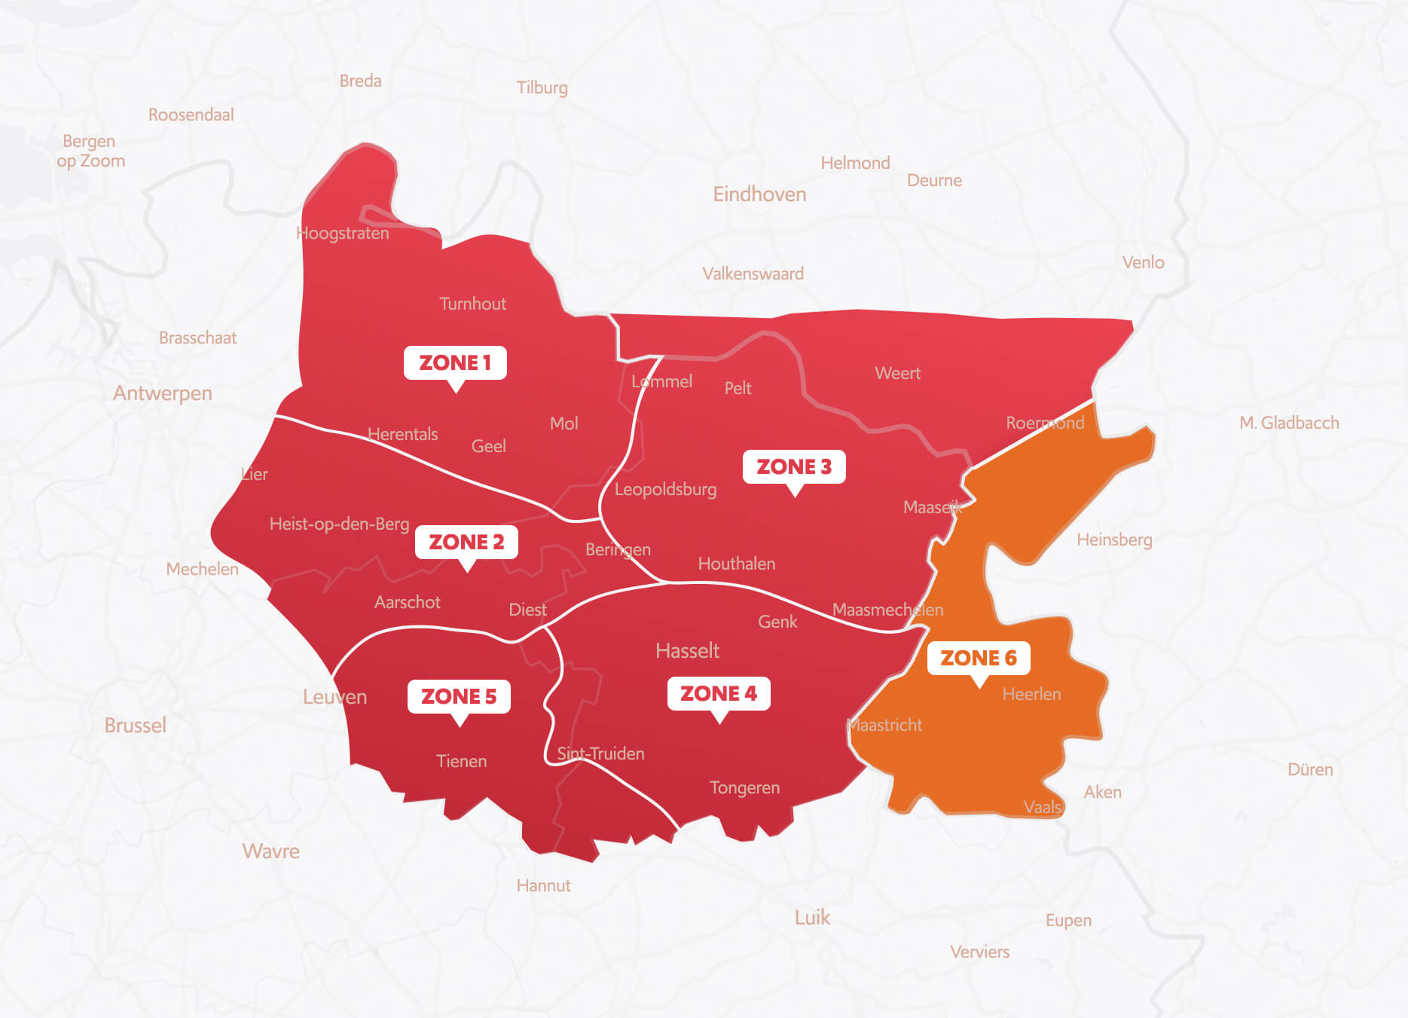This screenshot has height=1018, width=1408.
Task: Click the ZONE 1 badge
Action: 455,362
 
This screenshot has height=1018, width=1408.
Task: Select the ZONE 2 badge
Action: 466,542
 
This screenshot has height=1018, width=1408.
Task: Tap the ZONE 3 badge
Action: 794,466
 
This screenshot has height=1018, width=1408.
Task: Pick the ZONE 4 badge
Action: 719,693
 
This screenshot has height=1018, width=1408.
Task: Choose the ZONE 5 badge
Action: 459,696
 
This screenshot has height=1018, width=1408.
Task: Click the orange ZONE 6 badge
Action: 979,658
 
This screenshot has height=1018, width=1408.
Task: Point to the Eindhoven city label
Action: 759,194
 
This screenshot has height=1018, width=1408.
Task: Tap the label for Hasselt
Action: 687,650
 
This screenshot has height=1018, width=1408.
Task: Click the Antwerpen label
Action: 163,393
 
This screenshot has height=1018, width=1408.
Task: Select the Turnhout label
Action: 472,304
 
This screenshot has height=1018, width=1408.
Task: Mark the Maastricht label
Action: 885,725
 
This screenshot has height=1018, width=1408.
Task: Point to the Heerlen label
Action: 1031,694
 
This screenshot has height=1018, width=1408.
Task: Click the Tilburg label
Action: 542,88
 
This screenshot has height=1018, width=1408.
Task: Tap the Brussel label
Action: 135,725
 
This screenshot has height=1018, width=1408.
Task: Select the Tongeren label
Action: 744,787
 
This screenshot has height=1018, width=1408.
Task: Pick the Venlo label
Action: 1143,262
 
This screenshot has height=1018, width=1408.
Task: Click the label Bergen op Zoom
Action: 90,151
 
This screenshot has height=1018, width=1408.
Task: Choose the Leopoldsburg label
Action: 665,489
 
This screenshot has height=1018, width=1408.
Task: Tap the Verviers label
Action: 979,952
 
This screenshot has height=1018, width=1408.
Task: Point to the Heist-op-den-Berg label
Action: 339,524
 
